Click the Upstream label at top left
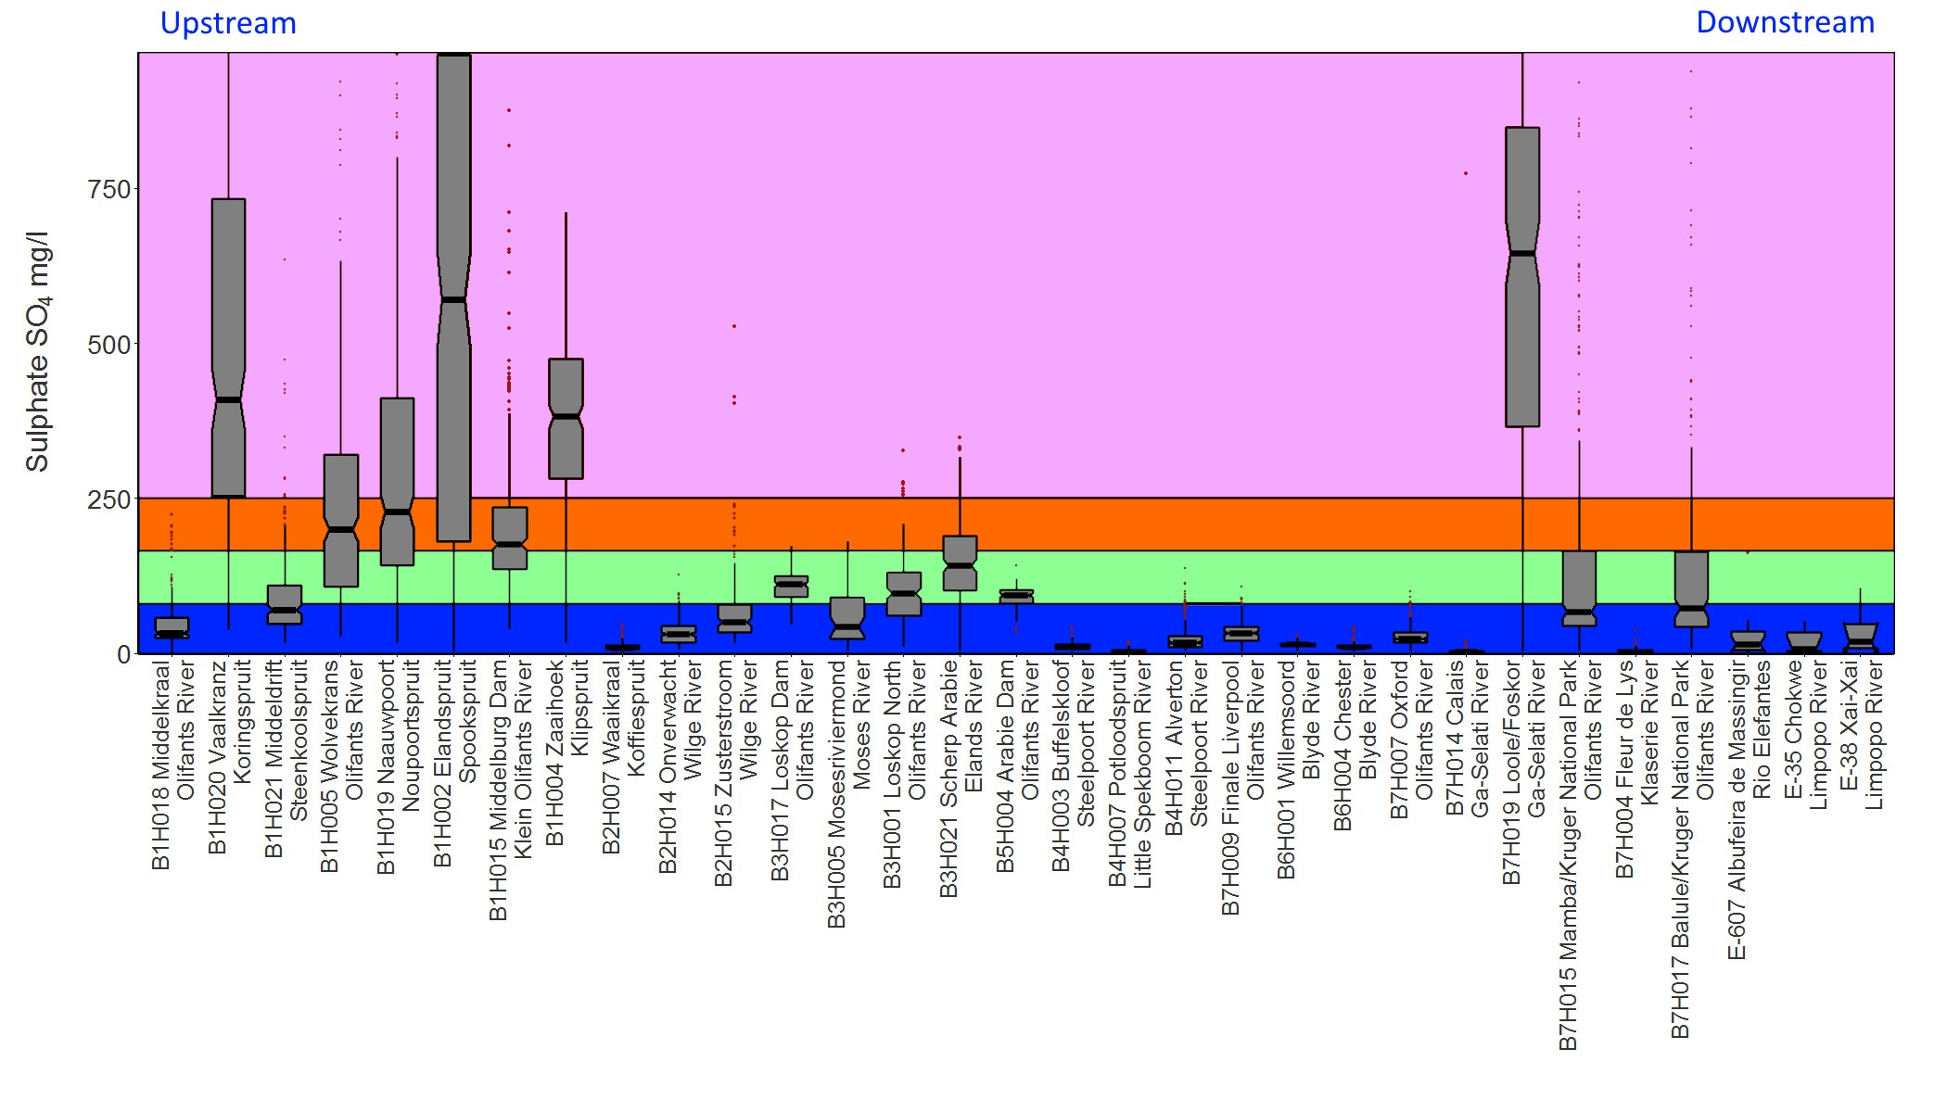click(x=228, y=23)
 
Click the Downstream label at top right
click(x=1785, y=22)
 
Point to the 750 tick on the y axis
click(x=110, y=189)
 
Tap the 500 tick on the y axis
click(x=110, y=345)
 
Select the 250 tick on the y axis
click(x=110, y=499)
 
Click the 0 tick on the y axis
click(x=123, y=654)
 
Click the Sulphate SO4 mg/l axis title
click(x=38, y=352)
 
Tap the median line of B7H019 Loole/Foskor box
click(x=1522, y=253)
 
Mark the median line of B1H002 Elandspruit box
click(x=454, y=299)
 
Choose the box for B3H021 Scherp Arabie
click(x=960, y=563)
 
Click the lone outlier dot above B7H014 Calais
click(x=1466, y=173)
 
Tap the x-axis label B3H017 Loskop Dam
click(x=792, y=769)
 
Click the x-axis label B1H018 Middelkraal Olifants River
click(x=173, y=764)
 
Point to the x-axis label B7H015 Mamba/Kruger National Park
click(x=1580, y=853)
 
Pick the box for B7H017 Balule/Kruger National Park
click(x=1691, y=589)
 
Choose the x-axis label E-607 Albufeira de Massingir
click(x=1749, y=806)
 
